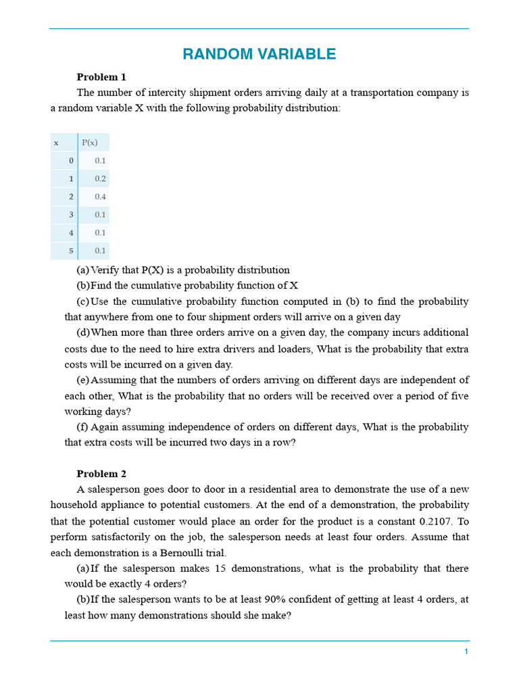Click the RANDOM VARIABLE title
259,55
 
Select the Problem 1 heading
101,77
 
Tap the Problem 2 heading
101,474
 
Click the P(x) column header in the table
90,143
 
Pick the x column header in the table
56,143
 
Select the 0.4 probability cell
100,197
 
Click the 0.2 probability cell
100,179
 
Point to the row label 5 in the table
71,251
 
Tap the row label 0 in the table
71,161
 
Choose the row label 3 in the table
71,215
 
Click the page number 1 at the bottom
466,651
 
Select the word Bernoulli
194,552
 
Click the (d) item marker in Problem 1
83,332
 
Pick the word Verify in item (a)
105,270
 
